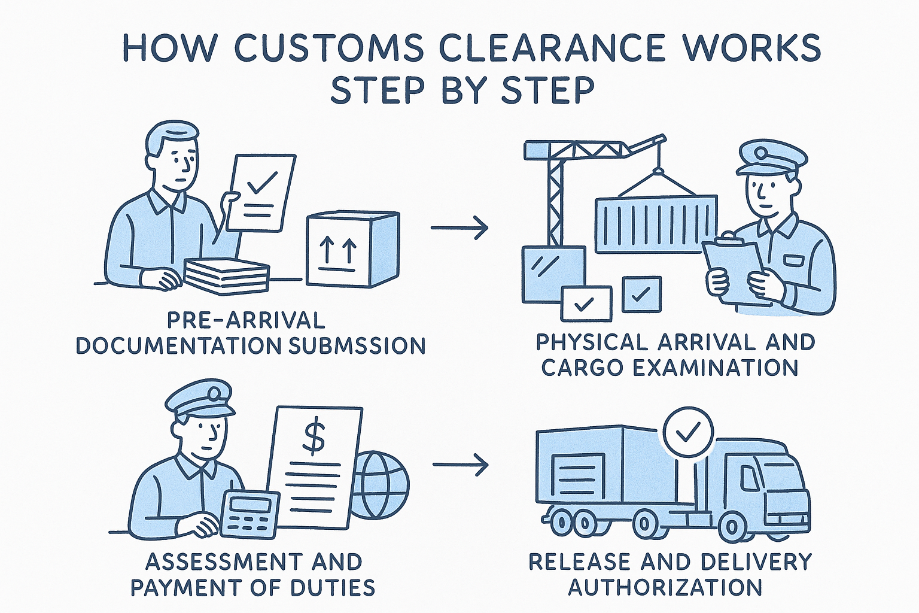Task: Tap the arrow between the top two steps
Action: coord(459,228)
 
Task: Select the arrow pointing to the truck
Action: coord(459,465)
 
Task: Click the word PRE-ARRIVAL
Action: coord(245,320)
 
